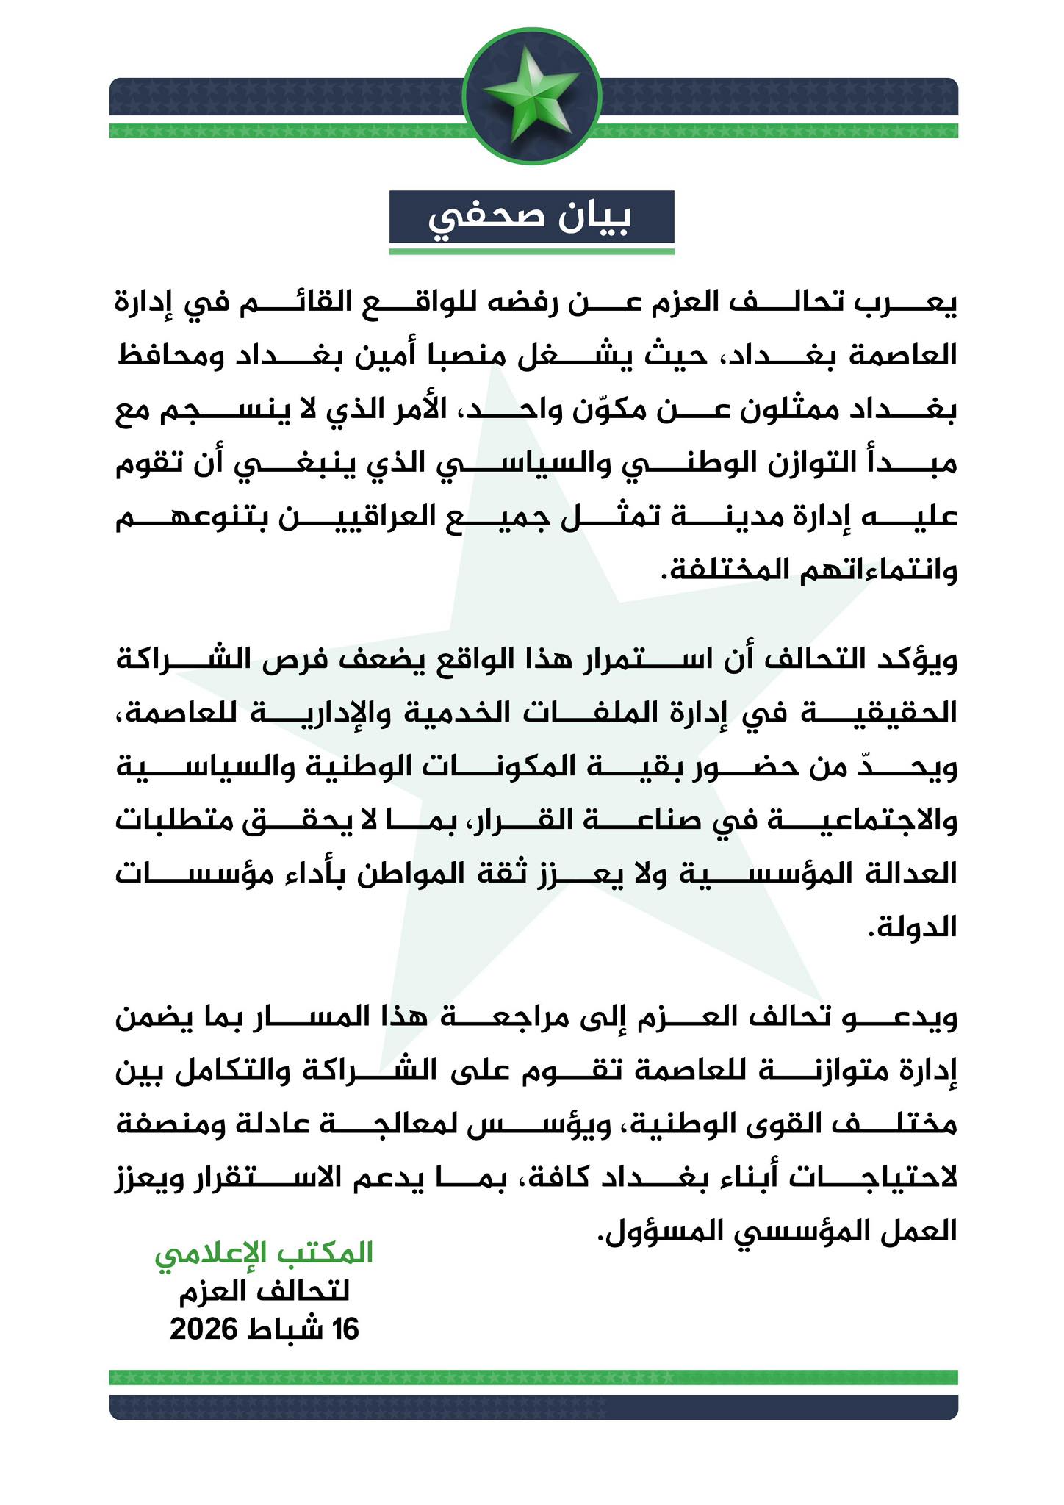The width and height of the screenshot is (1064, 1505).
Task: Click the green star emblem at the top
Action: click(x=532, y=94)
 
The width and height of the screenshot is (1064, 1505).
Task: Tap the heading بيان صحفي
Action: click(x=531, y=218)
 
